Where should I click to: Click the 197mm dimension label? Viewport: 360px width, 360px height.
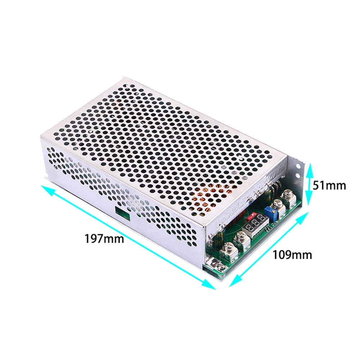104,239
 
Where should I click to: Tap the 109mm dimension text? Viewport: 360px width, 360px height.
292,255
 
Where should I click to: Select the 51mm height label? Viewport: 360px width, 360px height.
329,185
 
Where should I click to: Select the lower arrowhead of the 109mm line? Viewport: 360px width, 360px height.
232,284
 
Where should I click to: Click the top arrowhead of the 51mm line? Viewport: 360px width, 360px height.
308,166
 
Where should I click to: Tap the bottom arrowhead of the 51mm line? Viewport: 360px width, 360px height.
308,203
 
